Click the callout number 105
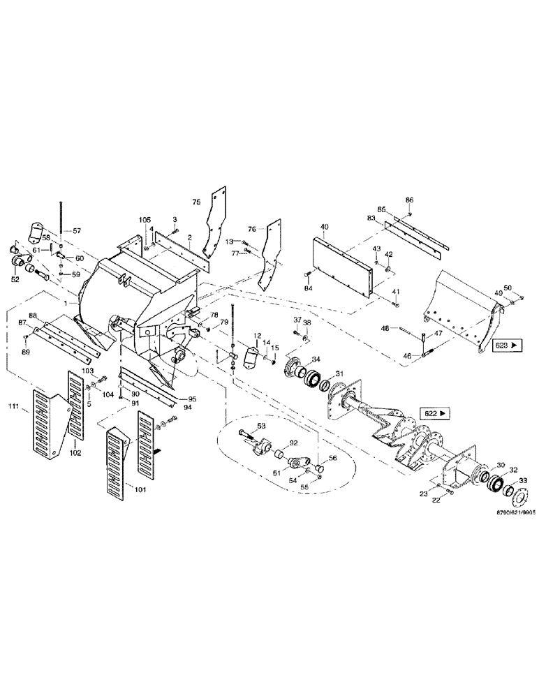point(145,220)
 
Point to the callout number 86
point(409,200)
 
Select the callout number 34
point(316,360)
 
